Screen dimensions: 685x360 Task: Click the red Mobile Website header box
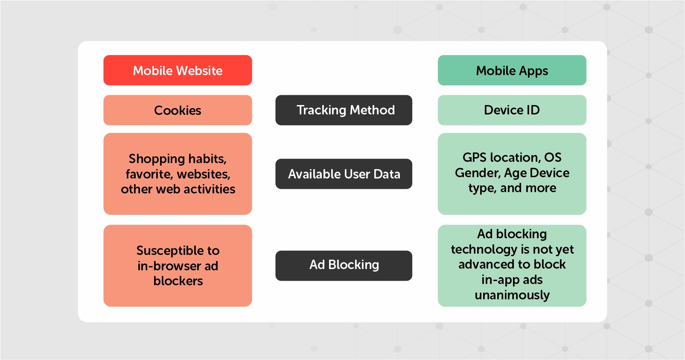[x=178, y=70]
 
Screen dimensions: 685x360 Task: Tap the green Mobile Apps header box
[x=512, y=70]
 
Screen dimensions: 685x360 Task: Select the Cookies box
[x=178, y=110]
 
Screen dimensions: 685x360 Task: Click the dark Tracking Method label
[x=344, y=110]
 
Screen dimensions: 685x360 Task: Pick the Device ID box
[x=512, y=110]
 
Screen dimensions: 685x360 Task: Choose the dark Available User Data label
[x=344, y=174]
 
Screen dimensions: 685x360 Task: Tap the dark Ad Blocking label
[x=344, y=266]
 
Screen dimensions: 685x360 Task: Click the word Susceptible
[x=170, y=251]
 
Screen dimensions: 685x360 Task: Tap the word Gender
[x=478, y=173]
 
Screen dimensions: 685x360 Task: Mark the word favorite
[x=149, y=174]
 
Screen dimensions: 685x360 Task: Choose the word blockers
[x=178, y=281]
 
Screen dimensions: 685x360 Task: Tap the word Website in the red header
[x=200, y=70]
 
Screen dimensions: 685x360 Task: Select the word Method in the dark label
[x=372, y=110]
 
